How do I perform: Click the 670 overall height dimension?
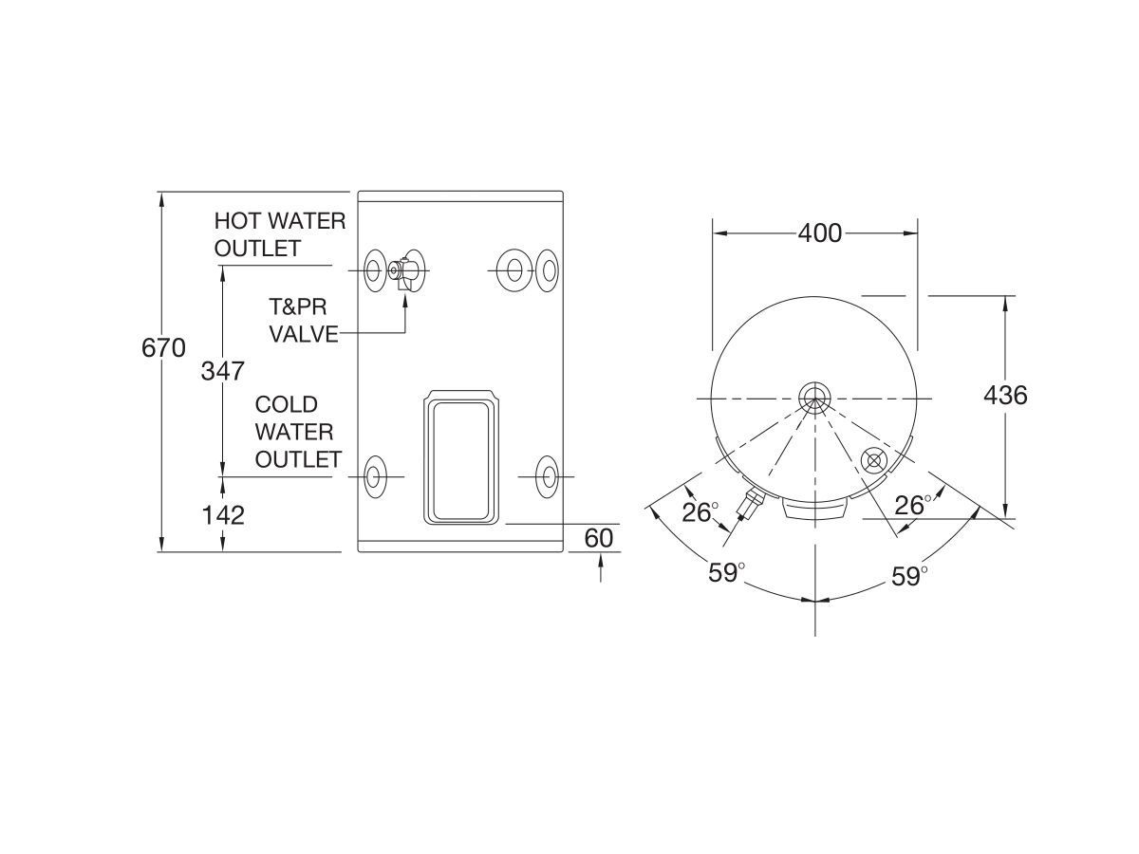(x=162, y=348)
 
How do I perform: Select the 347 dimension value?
(x=222, y=370)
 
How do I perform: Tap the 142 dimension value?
(x=222, y=515)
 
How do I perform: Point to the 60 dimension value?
(x=599, y=538)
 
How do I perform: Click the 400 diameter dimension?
(x=819, y=232)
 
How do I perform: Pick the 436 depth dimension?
(x=1005, y=395)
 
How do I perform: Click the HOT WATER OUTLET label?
(x=279, y=234)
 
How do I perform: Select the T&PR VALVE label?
(x=303, y=320)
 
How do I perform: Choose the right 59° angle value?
(x=908, y=576)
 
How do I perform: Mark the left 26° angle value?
(x=701, y=512)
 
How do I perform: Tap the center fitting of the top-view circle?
(x=813, y=396)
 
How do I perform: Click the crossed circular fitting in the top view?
(x=872, y=460)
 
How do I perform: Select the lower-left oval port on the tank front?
(x=376, y=475)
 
